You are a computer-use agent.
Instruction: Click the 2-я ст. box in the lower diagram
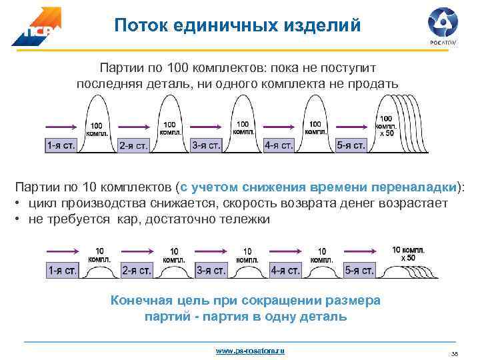coord(136,270)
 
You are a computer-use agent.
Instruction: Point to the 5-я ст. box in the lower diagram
coord(358,270)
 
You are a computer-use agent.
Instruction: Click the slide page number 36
coord(455,353)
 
